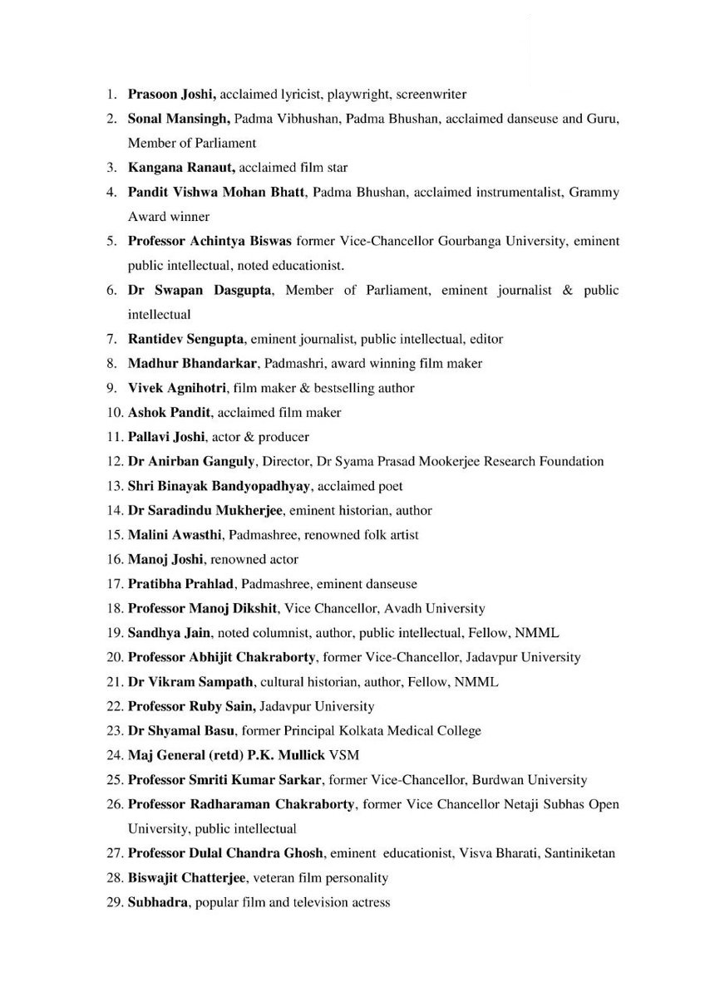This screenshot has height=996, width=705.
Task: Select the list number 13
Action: point(115,486)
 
